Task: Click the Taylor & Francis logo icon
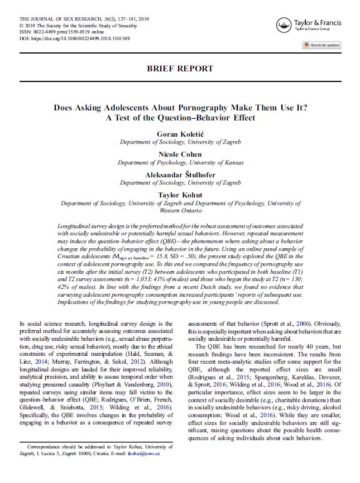284,25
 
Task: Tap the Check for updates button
321,45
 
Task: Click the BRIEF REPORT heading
180,69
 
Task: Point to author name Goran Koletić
180,134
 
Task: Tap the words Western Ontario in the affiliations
180,211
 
